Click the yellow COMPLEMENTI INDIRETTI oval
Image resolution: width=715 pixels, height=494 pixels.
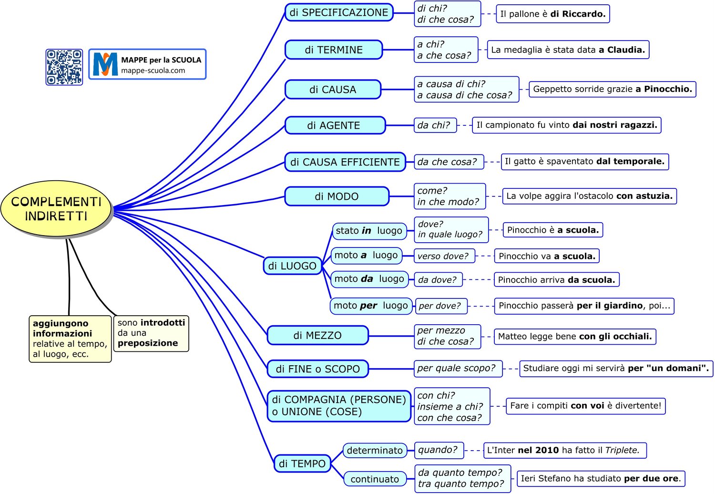pos(56,209)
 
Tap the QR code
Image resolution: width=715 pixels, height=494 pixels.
pos(64,67)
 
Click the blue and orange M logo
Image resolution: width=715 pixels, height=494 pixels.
pos(105,64)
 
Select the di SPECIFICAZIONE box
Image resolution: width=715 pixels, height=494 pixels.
pos(338,12)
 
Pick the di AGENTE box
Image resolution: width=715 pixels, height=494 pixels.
pos(335,125)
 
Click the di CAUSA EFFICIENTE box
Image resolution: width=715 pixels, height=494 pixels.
pos(345,162)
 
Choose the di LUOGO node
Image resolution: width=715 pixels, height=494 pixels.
pos(292,266)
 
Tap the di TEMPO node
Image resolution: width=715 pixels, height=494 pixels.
pos(302,463)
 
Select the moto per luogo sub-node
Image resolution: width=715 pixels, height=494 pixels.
pos(371,306)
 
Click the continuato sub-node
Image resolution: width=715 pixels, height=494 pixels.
pos(375,479)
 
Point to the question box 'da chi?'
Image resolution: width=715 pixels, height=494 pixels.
pos(435,125)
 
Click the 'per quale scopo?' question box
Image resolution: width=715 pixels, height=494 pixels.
pos(458,369)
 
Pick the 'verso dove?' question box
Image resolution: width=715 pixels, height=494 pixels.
pos(444,256)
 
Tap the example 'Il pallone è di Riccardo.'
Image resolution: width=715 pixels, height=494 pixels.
pos(553,14)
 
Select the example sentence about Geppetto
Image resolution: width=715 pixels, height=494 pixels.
pos(612,89)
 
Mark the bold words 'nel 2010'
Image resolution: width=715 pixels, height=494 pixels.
pos(538,450)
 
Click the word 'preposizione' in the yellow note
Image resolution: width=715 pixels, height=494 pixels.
pos(148,343)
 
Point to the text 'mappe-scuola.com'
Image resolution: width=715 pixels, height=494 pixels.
pos(153,71)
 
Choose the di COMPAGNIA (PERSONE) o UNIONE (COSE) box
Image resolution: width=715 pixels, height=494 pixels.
pos(338,406)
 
